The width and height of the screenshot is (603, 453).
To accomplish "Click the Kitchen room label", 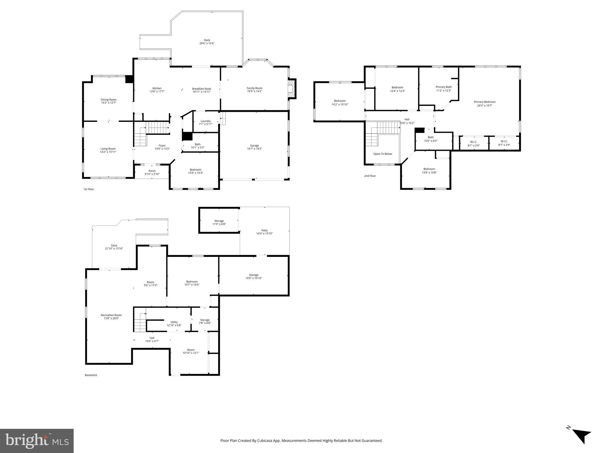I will pos(157,90).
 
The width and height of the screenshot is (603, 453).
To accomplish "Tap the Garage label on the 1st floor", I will pos(254,147).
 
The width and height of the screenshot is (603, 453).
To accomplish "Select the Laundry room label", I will pos(206,122).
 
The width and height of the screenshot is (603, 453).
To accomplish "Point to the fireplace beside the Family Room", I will pos(292,89).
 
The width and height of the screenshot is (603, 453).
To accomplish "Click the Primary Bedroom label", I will pos(485,104).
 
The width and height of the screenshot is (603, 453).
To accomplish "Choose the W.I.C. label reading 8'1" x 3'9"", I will pos(474,144).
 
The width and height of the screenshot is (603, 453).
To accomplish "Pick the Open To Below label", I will pos(383,154).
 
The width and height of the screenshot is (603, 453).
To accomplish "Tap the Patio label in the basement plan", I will pos(264,232).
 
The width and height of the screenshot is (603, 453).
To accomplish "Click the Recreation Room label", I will pos(111,317).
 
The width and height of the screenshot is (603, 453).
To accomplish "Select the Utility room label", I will pos(174,324).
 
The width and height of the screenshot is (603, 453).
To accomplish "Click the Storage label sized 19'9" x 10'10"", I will pos(254,276).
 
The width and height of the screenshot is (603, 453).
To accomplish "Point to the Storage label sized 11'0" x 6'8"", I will pos(219,222).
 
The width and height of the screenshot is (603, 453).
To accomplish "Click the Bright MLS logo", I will pos(37,441).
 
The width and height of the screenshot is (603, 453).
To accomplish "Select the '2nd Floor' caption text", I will pos(370,176).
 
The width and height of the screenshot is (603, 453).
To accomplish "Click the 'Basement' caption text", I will pos(91,375).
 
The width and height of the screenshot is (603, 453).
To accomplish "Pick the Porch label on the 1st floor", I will pos(152,173).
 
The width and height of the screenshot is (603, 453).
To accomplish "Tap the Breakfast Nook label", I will pos(201,90).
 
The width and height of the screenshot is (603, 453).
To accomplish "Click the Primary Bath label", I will pos(443,89).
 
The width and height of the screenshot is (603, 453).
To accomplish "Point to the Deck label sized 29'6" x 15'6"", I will pos(207,42).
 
